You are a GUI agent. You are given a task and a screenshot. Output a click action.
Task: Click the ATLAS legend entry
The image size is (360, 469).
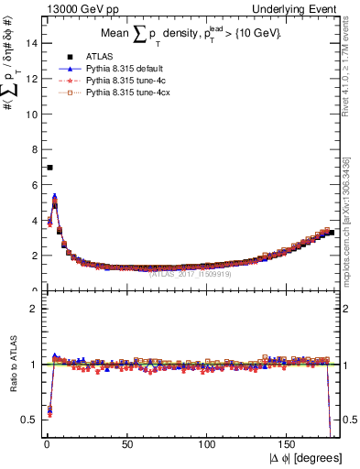coord(95,57)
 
